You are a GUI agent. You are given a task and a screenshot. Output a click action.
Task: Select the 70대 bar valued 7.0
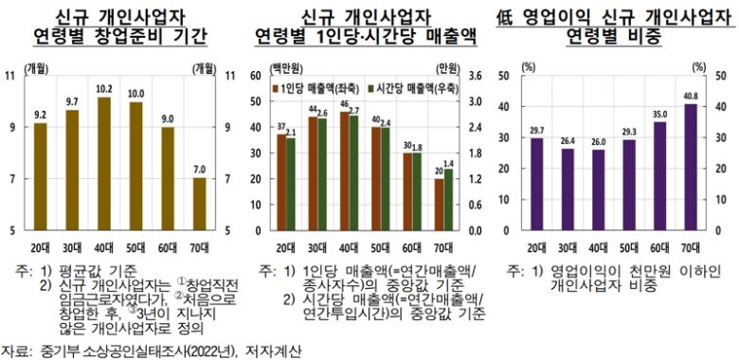click(199, 204)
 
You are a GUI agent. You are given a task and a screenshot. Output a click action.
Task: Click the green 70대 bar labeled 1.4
click(447, 200)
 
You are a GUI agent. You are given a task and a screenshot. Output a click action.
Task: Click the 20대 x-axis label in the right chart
click(536, 246)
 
